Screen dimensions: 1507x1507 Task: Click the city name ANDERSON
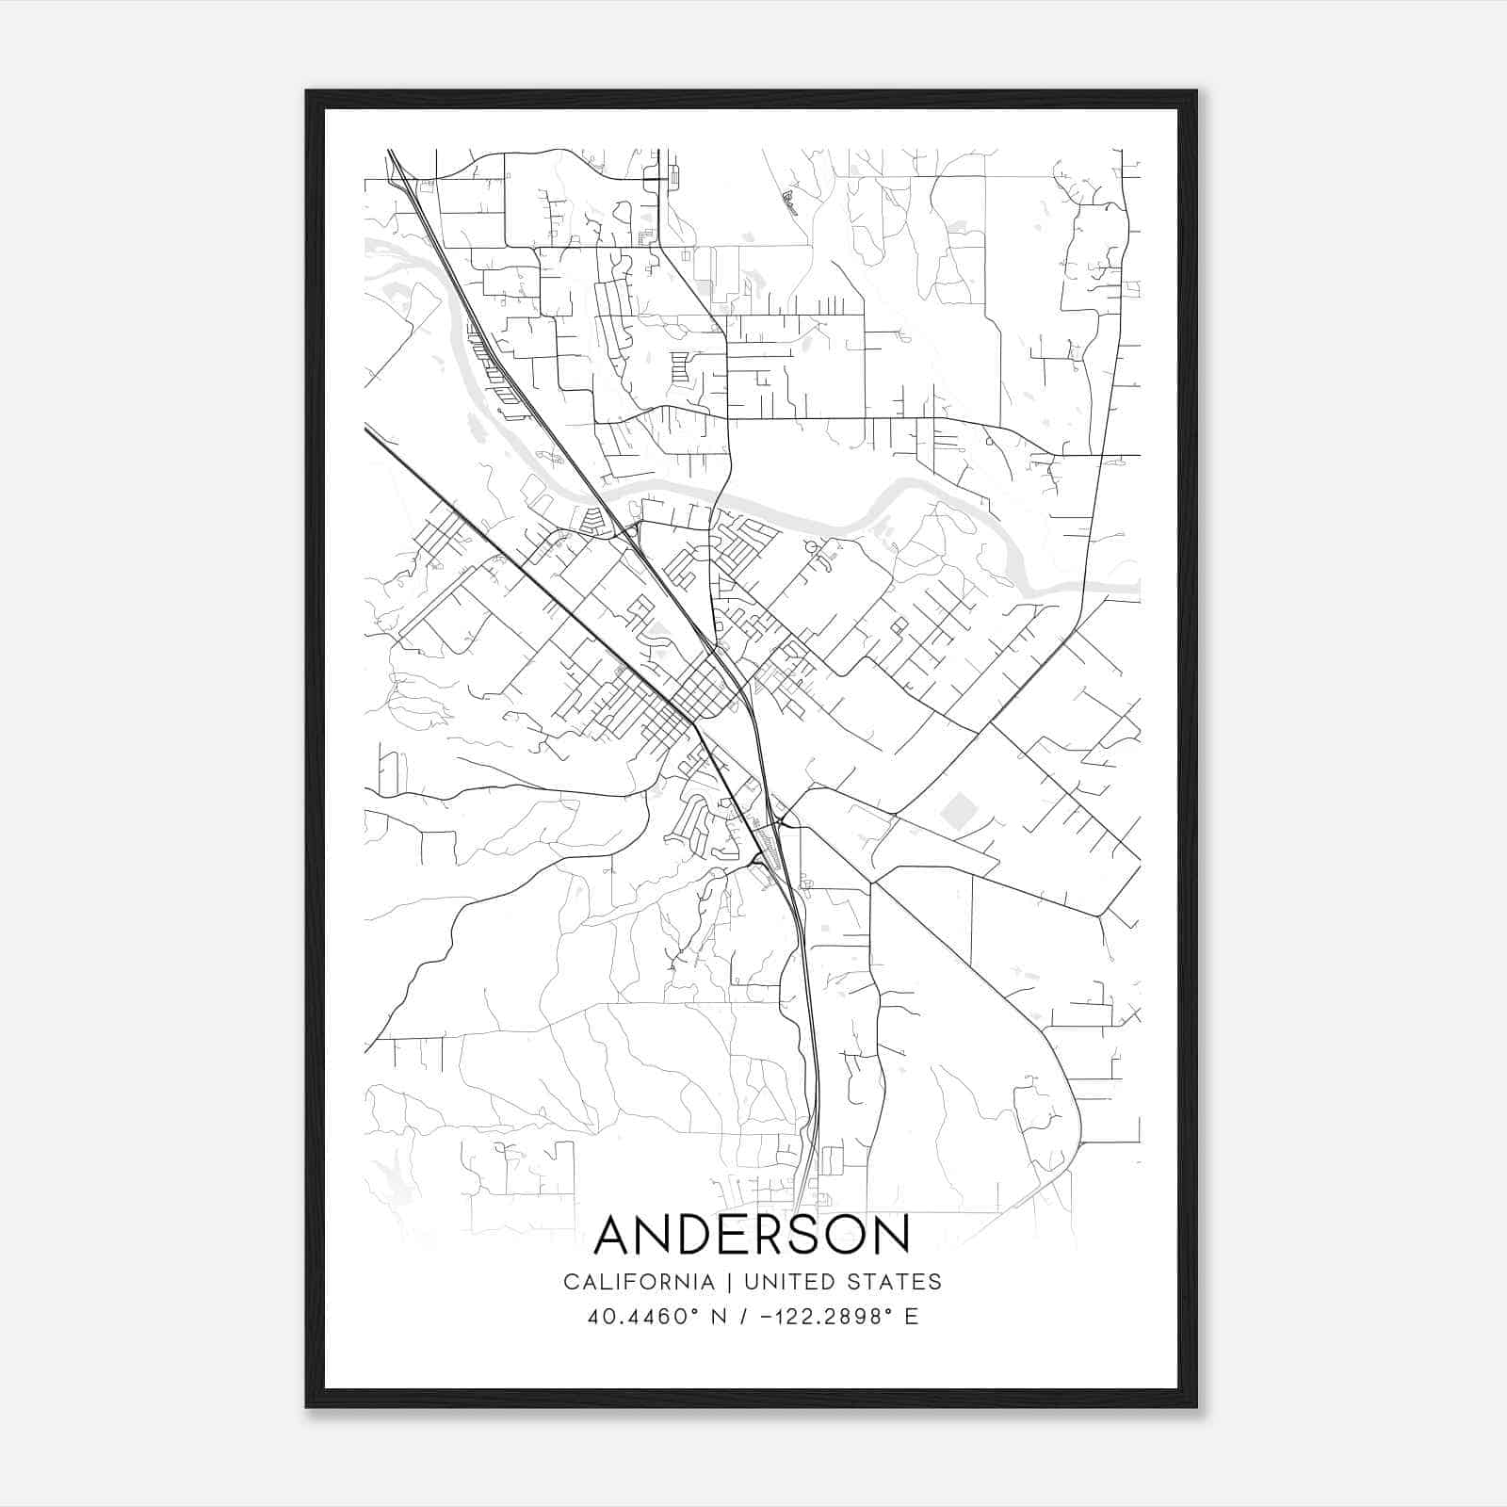coord(753,1234)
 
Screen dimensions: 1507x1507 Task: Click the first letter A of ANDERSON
coord(615,1234)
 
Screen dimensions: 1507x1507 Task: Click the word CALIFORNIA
coord(639,1281)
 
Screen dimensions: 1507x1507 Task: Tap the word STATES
coord(894,1281)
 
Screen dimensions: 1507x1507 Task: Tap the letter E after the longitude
coord(911,1317)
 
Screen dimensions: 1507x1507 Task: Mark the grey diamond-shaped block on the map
coord(960,811)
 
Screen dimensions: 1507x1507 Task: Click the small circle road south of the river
coord(810,548)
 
